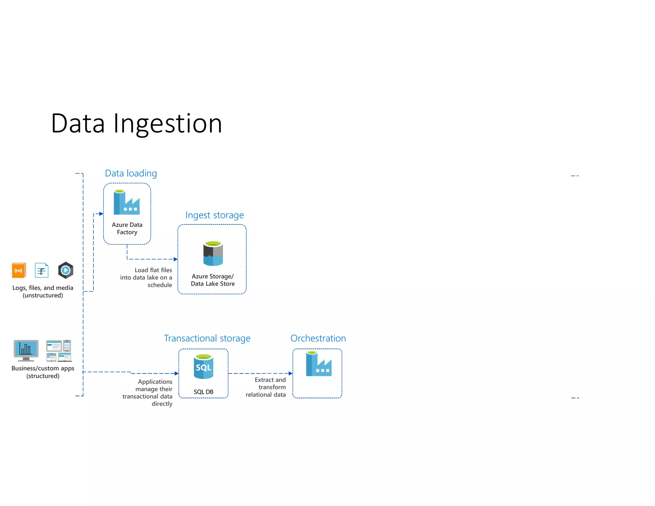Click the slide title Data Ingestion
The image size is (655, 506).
click(137, 124)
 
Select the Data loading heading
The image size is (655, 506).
click(131, 173)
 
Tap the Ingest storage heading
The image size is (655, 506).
click(214, 215)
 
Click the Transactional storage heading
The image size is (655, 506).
click(207, 338)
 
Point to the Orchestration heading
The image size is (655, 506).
click(318, 338)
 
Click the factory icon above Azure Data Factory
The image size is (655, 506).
click(127, 202)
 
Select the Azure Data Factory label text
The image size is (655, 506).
click(127, 228)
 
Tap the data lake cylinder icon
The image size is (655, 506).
click(213, 254)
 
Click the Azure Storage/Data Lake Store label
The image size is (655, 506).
click(213, 280)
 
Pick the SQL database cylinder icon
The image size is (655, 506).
click(203, 367)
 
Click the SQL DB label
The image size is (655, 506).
click(203, 392)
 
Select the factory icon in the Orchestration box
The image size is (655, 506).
click(319, 364)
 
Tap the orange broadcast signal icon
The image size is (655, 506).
click(19, 271)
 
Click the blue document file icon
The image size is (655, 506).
click(42, 271)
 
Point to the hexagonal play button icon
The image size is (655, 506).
click(66, 270)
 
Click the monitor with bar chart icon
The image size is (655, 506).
click(26, 350)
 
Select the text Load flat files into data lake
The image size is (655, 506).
click(146, 277)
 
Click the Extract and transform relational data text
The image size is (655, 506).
click(266, 387)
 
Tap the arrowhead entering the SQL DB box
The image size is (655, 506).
click(177, 373)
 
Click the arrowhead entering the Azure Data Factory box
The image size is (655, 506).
click(101, 214)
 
